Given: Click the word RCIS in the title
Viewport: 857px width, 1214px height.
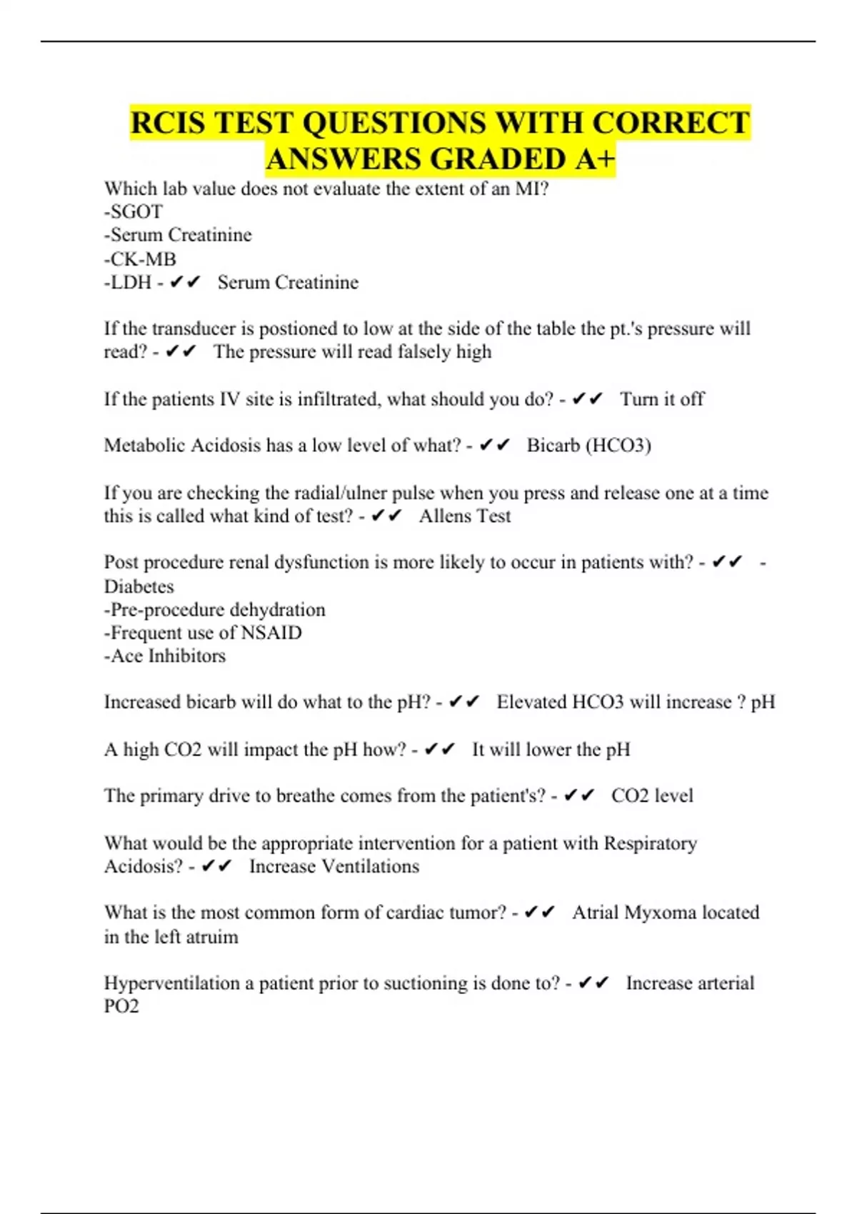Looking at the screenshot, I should (169, 123).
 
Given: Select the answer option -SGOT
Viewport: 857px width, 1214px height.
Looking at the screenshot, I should (134, 212).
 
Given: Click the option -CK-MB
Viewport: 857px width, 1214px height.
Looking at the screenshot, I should (140, 259).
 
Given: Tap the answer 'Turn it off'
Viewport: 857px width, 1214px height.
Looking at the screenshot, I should (662, 399).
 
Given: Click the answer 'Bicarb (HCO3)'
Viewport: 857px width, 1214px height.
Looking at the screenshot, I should (588, 446).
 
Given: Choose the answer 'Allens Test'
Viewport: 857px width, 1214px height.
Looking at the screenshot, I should (465, 516).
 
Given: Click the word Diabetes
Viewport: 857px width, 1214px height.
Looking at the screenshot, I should (139, 586).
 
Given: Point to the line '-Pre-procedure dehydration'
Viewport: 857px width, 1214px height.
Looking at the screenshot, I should (215, 610).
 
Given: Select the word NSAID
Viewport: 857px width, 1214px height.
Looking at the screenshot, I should (271, 633).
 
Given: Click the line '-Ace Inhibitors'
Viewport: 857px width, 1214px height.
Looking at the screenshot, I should (165, 656).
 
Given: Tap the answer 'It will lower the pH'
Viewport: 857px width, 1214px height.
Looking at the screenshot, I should (551, 750).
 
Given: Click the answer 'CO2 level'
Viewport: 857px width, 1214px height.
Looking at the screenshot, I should (652, 796).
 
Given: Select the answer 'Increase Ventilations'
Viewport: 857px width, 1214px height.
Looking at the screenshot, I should (334, 866).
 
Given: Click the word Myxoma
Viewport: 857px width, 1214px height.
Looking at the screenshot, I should (661, 913).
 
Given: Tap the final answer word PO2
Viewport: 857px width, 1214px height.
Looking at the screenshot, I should (121, 1006).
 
